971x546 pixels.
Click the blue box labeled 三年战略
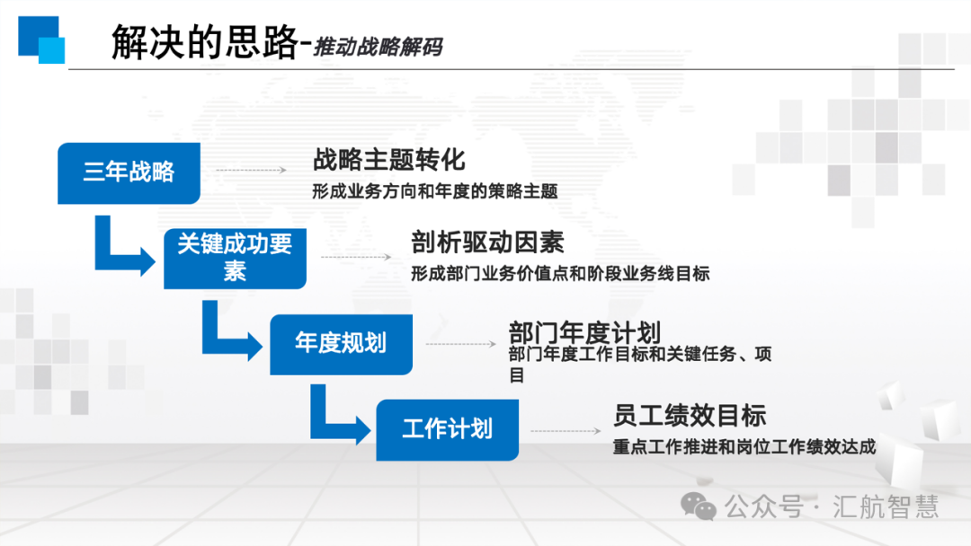point(129,173)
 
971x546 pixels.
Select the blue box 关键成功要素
point(235,259)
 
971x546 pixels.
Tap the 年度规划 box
point(342,345)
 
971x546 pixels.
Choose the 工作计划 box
point(447,430)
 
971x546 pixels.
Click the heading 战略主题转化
point(389,160)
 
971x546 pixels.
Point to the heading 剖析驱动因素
point(487,242)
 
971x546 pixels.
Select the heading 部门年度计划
point(584,332)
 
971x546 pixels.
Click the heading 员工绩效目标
point(690,416)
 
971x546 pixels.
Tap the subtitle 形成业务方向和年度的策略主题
point(435,191)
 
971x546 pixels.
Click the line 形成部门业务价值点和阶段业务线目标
point(560,274)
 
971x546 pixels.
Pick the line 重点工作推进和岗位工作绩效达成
point(744,446)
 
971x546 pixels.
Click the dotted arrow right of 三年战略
point(251,170)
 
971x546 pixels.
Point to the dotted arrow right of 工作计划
point(566,431)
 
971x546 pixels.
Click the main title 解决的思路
point(205,42)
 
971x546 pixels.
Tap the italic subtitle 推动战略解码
point(378,47)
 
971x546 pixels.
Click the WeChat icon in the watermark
point(699,506)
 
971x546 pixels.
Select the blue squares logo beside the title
point(41,40)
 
